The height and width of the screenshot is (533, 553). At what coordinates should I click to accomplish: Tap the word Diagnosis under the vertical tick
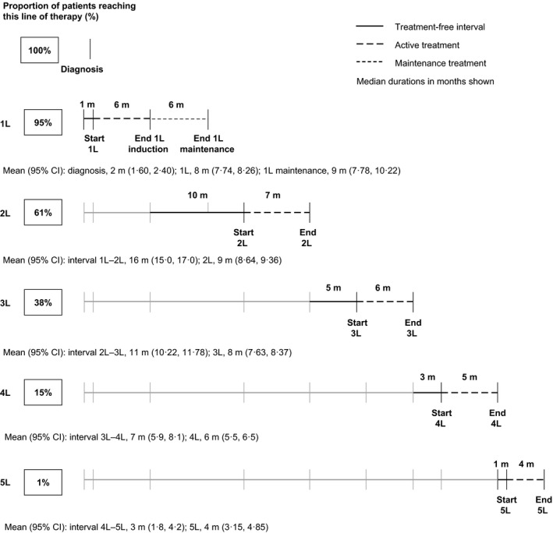[x=83, y=69]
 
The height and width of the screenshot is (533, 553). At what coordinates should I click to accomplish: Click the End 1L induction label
[x=150, y=144]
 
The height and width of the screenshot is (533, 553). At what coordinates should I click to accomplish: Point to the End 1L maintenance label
[x=207, y=144]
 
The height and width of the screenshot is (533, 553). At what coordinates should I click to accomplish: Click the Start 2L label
[x=245, y=235]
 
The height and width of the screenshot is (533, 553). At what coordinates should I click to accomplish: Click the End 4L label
[x=497, y=415]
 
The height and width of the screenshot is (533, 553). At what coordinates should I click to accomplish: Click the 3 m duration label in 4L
[x=427, y=376]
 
